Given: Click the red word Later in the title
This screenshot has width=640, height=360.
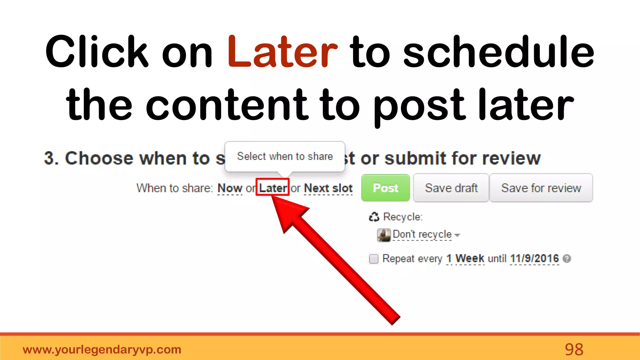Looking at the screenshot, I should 282,52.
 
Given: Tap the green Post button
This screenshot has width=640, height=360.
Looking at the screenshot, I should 385,188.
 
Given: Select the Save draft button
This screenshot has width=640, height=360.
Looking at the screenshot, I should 451,188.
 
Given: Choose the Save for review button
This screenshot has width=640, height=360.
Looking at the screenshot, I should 541,188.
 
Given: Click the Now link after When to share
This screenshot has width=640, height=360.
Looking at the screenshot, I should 230,188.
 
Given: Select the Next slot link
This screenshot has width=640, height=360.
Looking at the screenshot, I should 328,188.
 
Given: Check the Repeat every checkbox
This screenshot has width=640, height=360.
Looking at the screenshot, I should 373,259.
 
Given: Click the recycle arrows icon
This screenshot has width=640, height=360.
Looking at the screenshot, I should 374,217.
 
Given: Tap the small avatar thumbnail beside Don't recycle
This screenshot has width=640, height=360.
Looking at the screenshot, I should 384,235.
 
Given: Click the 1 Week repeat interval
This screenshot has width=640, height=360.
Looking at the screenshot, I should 465,258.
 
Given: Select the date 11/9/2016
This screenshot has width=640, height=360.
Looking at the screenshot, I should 534,258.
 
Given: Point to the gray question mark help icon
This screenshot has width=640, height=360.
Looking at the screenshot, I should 567,258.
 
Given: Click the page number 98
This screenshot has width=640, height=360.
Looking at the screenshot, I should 574,349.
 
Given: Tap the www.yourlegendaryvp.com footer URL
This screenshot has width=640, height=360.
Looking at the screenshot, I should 102,349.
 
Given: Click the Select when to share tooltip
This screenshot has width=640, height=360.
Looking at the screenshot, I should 285,156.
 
